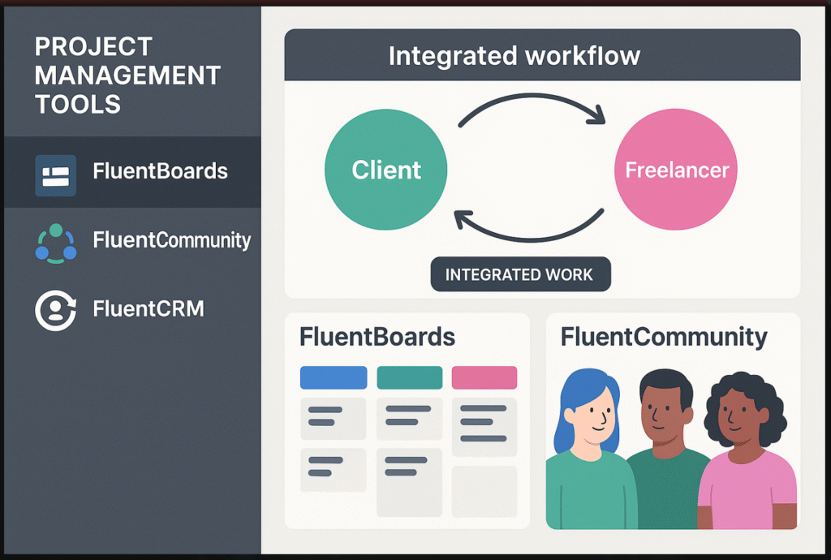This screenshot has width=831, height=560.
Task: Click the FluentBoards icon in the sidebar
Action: point(56,175)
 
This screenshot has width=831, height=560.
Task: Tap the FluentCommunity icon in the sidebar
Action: point(56,243)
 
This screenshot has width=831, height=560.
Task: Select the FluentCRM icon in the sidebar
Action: point(56,311)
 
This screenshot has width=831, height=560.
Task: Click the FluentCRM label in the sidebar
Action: point(149,308)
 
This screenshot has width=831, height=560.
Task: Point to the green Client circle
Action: point(385,170)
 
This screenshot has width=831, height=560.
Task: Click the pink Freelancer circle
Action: point(676,170)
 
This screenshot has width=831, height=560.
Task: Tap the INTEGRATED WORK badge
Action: point(520,274)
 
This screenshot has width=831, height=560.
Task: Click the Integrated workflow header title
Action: point(514,56)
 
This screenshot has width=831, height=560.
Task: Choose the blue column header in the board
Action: point(334,377)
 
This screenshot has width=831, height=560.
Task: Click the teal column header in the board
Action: point(410,377)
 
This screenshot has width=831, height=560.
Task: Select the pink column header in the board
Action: point(484,377)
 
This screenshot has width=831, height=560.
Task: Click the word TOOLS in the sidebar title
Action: point(78,104)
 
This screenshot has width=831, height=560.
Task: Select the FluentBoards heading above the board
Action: point(377,337)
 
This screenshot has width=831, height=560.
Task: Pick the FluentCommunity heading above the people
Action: point(664,338)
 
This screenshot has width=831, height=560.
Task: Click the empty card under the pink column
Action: point(484,491)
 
